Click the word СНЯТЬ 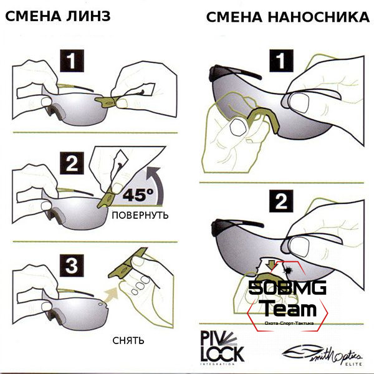(129, 340)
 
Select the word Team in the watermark (287, 308)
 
